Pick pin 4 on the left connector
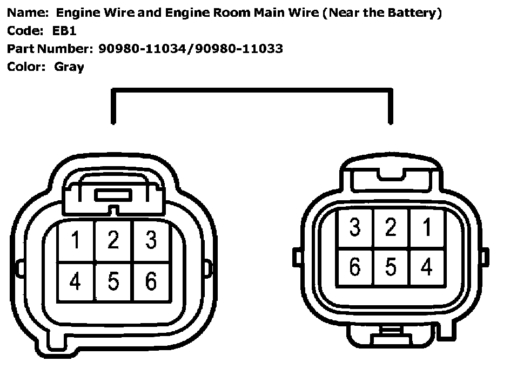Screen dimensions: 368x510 [76, 281]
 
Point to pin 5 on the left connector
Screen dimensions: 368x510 [113, 281]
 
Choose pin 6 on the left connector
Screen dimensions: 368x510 [151, 281]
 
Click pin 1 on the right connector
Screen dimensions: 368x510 [427, 228]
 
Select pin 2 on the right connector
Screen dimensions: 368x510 [391, 228]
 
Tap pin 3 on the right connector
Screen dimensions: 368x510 [354, 228]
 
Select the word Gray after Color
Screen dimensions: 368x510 [69, 67]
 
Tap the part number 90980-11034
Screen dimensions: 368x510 [143, 49]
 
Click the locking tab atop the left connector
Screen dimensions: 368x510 [113, 195]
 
